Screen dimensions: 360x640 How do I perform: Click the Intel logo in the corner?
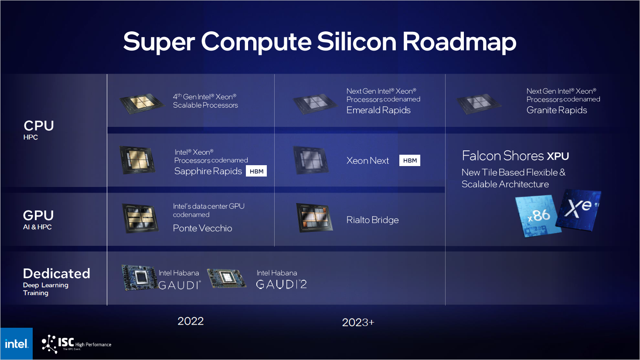(x=17, y=344)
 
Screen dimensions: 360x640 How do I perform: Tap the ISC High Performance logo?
(x=76, y=344)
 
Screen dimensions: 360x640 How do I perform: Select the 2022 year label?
(x=191, y=321)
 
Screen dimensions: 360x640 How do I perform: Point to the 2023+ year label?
(x=358, y=323)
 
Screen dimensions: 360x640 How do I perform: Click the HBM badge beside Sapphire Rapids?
(x=256, y=171)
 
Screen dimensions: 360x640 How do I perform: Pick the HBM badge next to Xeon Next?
(x=410, y=160)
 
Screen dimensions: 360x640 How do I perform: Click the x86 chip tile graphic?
(x=538, y=216)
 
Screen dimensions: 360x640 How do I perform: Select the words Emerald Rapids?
(x=378, y=110)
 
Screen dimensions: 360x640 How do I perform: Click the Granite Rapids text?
(x=557, y=110)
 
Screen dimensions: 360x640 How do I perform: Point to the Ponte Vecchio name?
(x=202, y=228)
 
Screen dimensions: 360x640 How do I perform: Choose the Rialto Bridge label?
(x=372, y=220)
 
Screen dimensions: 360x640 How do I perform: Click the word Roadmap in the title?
(x=459, y=42)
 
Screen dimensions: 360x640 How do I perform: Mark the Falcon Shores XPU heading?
(x=515, y=156)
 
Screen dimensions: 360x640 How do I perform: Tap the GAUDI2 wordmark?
(x=281, y=285)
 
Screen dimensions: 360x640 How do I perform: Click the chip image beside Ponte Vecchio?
(x=140, y=218)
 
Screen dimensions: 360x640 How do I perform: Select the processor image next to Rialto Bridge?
(x=314, y=217)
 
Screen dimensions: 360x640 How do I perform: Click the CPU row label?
(x=39, y=126)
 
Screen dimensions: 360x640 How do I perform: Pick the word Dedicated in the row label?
(x=57, y=274)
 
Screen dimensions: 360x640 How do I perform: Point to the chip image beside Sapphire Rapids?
(x=137, y=160)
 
